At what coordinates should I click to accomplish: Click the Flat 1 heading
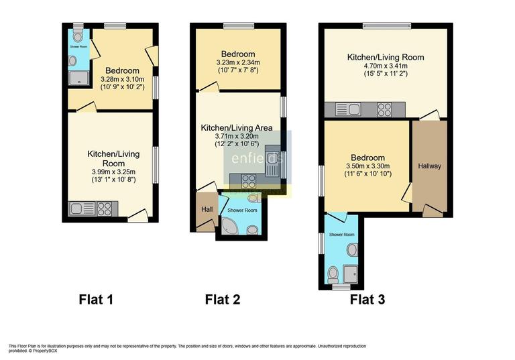tap(96, 300)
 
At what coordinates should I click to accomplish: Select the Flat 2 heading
tap(222, 300)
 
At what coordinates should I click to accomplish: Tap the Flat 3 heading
tap(367, 300)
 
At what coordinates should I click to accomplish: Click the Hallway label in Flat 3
tap(430, 166)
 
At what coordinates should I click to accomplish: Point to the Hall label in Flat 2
tap(207, 210)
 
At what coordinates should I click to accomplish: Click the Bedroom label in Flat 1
tap(122, 71)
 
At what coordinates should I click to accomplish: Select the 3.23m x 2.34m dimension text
tap(238, 64)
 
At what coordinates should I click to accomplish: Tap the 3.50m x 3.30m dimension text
tap(367, 167)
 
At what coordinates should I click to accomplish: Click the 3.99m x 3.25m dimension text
tap(113, 172)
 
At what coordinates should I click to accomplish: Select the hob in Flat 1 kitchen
tap(105, 208)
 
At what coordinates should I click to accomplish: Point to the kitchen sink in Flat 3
tap(351, 109)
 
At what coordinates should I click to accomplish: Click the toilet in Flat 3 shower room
tap(334, 274)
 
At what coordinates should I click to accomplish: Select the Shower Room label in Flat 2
tap(242, 209)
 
